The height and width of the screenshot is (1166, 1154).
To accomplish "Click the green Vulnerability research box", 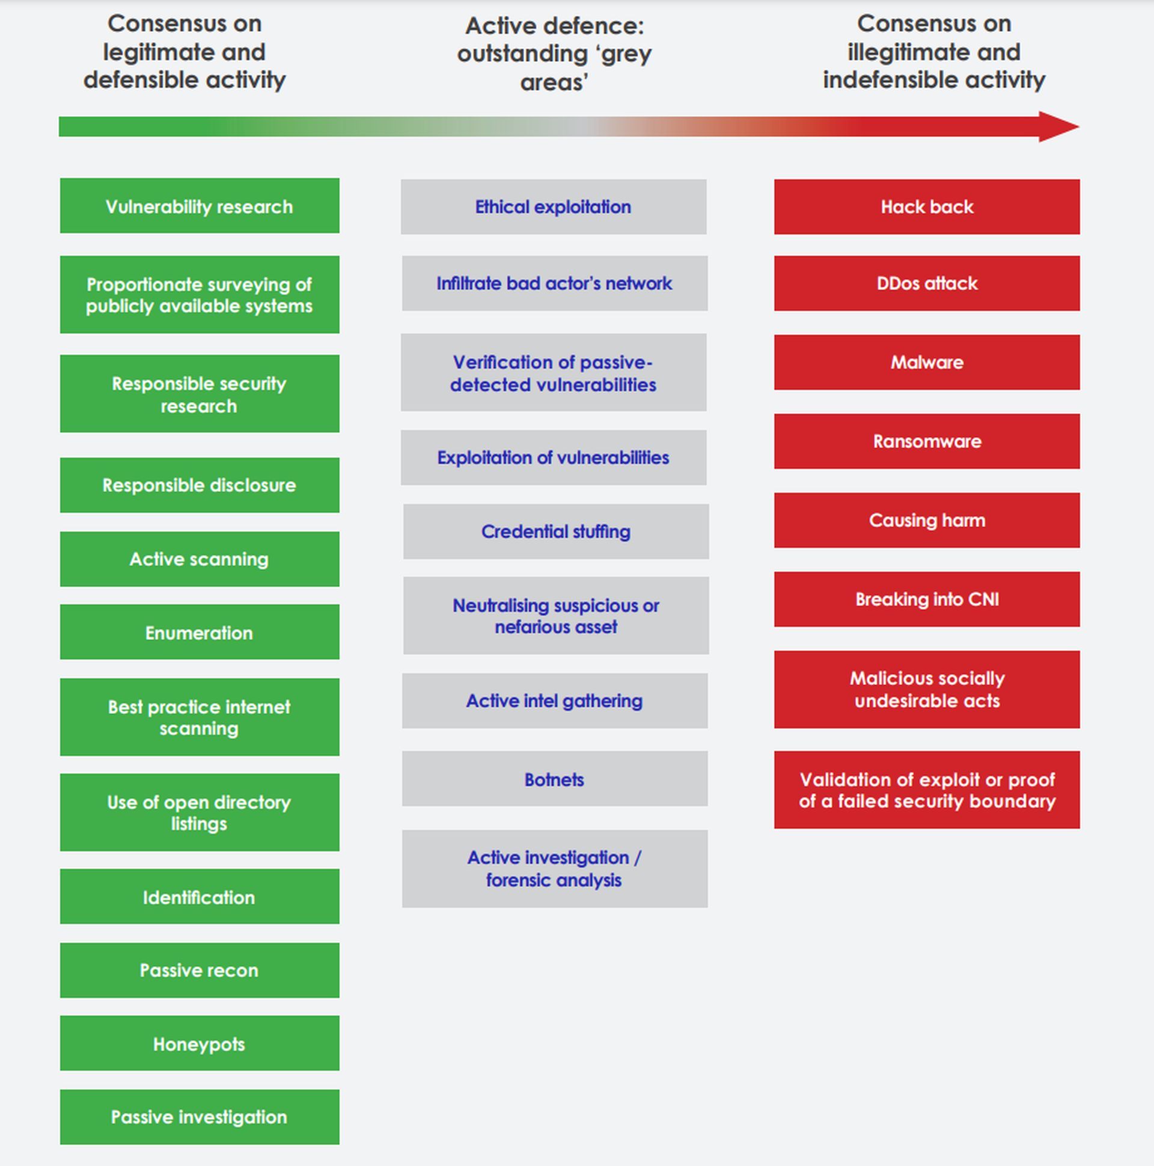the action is point(199,206).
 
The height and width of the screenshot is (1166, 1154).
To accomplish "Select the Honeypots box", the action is point(199,1043).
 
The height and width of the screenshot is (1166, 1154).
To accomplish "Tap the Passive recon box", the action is point(199,970).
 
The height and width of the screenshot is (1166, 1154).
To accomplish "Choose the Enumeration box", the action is point(199,632).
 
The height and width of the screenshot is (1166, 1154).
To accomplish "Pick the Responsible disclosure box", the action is point(199,485).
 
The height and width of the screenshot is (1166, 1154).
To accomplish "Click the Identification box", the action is point(199,896).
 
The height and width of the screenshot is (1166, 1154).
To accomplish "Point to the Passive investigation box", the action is point(199,1117).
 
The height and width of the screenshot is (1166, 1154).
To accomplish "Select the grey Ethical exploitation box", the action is point(554,206).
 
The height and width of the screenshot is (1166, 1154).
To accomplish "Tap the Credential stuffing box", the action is point(555,531).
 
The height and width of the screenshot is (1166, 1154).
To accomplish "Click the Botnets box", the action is point(554,779).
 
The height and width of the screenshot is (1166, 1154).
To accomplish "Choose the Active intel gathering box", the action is point(554,701).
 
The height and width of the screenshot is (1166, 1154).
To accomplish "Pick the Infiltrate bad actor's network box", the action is point(554,283).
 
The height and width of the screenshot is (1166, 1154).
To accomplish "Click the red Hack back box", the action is point(927,206).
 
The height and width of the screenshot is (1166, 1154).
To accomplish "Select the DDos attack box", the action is point(927,283).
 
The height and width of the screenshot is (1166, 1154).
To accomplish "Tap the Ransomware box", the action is point(927,441).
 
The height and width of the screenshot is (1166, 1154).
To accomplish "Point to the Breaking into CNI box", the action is point(927,600).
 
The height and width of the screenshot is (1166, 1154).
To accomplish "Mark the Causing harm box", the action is point(927,520).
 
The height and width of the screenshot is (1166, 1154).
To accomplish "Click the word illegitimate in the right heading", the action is point(899,52).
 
